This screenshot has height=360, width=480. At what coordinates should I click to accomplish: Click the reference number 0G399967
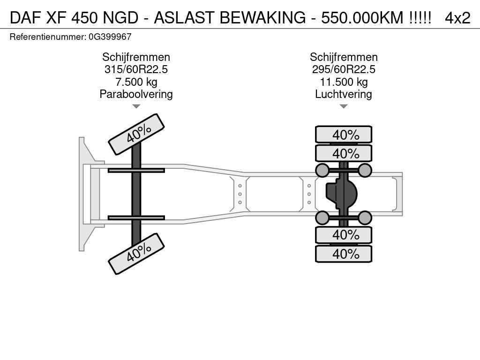(110, 37)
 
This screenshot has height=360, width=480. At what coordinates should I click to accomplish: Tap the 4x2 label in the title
(457, 18)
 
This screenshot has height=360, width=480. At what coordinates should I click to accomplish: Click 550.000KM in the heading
(362, 18)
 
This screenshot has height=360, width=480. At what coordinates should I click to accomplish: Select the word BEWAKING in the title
(262, 18)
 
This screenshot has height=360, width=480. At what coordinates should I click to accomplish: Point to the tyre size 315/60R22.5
(136, 69)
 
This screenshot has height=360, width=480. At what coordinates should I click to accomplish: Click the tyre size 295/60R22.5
(344, 69)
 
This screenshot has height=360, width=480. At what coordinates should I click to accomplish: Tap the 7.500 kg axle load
(136, 82)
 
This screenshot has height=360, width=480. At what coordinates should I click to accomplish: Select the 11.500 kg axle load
(344, 82)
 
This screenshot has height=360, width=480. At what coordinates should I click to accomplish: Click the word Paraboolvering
(136, 94)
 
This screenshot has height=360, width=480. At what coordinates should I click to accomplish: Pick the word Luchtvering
(344, 94)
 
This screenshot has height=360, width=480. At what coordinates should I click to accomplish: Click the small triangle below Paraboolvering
(136, 106)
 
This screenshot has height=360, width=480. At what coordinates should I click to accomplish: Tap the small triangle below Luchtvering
(344, 106)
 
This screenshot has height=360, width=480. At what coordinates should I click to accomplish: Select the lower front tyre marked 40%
(136, 254)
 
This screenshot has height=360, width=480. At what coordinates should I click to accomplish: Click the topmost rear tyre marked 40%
(344, 135)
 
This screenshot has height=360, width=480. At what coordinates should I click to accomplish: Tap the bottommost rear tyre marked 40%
(344, 254)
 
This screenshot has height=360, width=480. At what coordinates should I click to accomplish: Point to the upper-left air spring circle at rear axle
(322, 170)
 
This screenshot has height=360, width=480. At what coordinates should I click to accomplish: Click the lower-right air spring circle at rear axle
(365, 218)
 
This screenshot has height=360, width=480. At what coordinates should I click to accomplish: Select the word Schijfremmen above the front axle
(136, 57)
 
